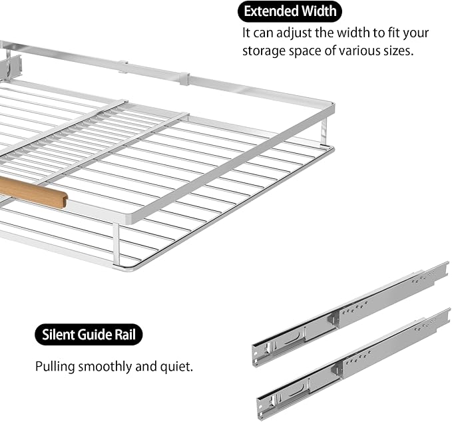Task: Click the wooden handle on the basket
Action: pos(33,191)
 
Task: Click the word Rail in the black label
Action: pos(127,334)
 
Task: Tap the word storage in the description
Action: pos(263,51)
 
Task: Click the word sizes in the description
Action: pos(398,51)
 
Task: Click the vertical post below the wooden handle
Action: pos(116,244)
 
